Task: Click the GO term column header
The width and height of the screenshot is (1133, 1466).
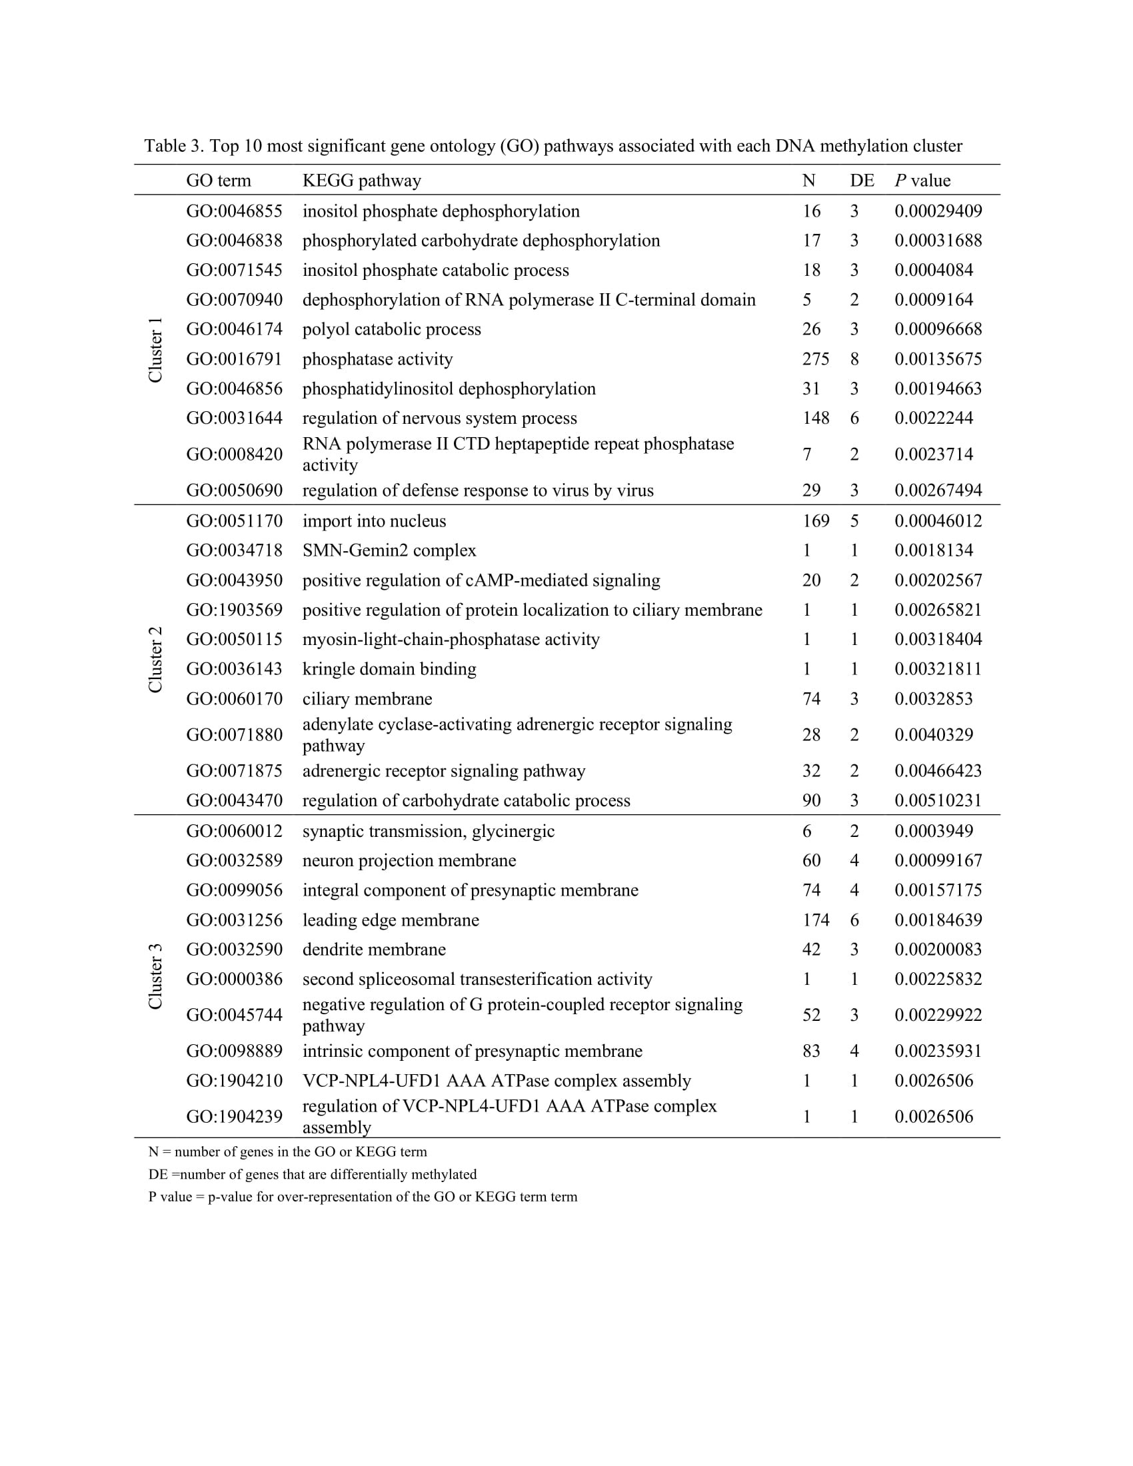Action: coord(218,181)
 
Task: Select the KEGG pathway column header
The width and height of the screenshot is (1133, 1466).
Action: coord(362,181)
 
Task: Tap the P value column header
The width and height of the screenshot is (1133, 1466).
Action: coord(922,181)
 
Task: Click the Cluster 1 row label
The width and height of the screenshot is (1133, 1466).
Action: coord(155,351)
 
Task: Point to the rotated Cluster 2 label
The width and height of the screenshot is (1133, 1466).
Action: coord(155,660)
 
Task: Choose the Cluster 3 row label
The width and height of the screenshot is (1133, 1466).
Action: coord(155,976)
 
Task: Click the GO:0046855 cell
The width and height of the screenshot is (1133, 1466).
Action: coord(234,211)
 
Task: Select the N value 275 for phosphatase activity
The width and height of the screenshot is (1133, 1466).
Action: coord(816,359)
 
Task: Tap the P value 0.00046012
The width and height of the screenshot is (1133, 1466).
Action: coord(938,521)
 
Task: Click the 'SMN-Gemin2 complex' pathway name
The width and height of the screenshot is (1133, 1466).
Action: coord(389,550)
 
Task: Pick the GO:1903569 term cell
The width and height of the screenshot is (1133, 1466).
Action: coord(234,610)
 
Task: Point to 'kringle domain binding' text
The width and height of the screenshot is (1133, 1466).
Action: coord(389,669)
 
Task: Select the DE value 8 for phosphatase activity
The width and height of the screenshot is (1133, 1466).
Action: coord(854,359)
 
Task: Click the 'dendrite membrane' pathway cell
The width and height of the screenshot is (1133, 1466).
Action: coord(374,950)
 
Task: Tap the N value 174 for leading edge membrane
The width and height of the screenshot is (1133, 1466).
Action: coord(816,920)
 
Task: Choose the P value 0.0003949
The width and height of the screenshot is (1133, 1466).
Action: coord(934,831)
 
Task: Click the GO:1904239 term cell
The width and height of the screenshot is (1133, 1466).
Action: coord(234,1116)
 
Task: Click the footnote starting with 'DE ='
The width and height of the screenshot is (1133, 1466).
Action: coord(312,1174)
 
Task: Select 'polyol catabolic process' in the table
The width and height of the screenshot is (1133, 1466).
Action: coord(391,330)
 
